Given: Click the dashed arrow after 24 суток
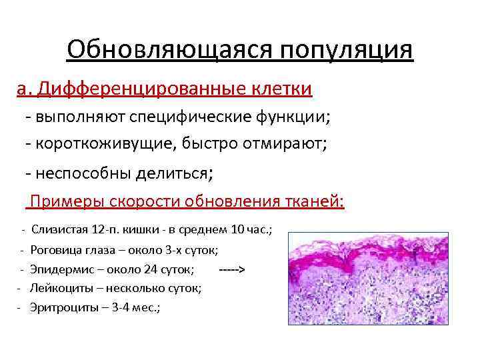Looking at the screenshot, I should click(232, 269).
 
